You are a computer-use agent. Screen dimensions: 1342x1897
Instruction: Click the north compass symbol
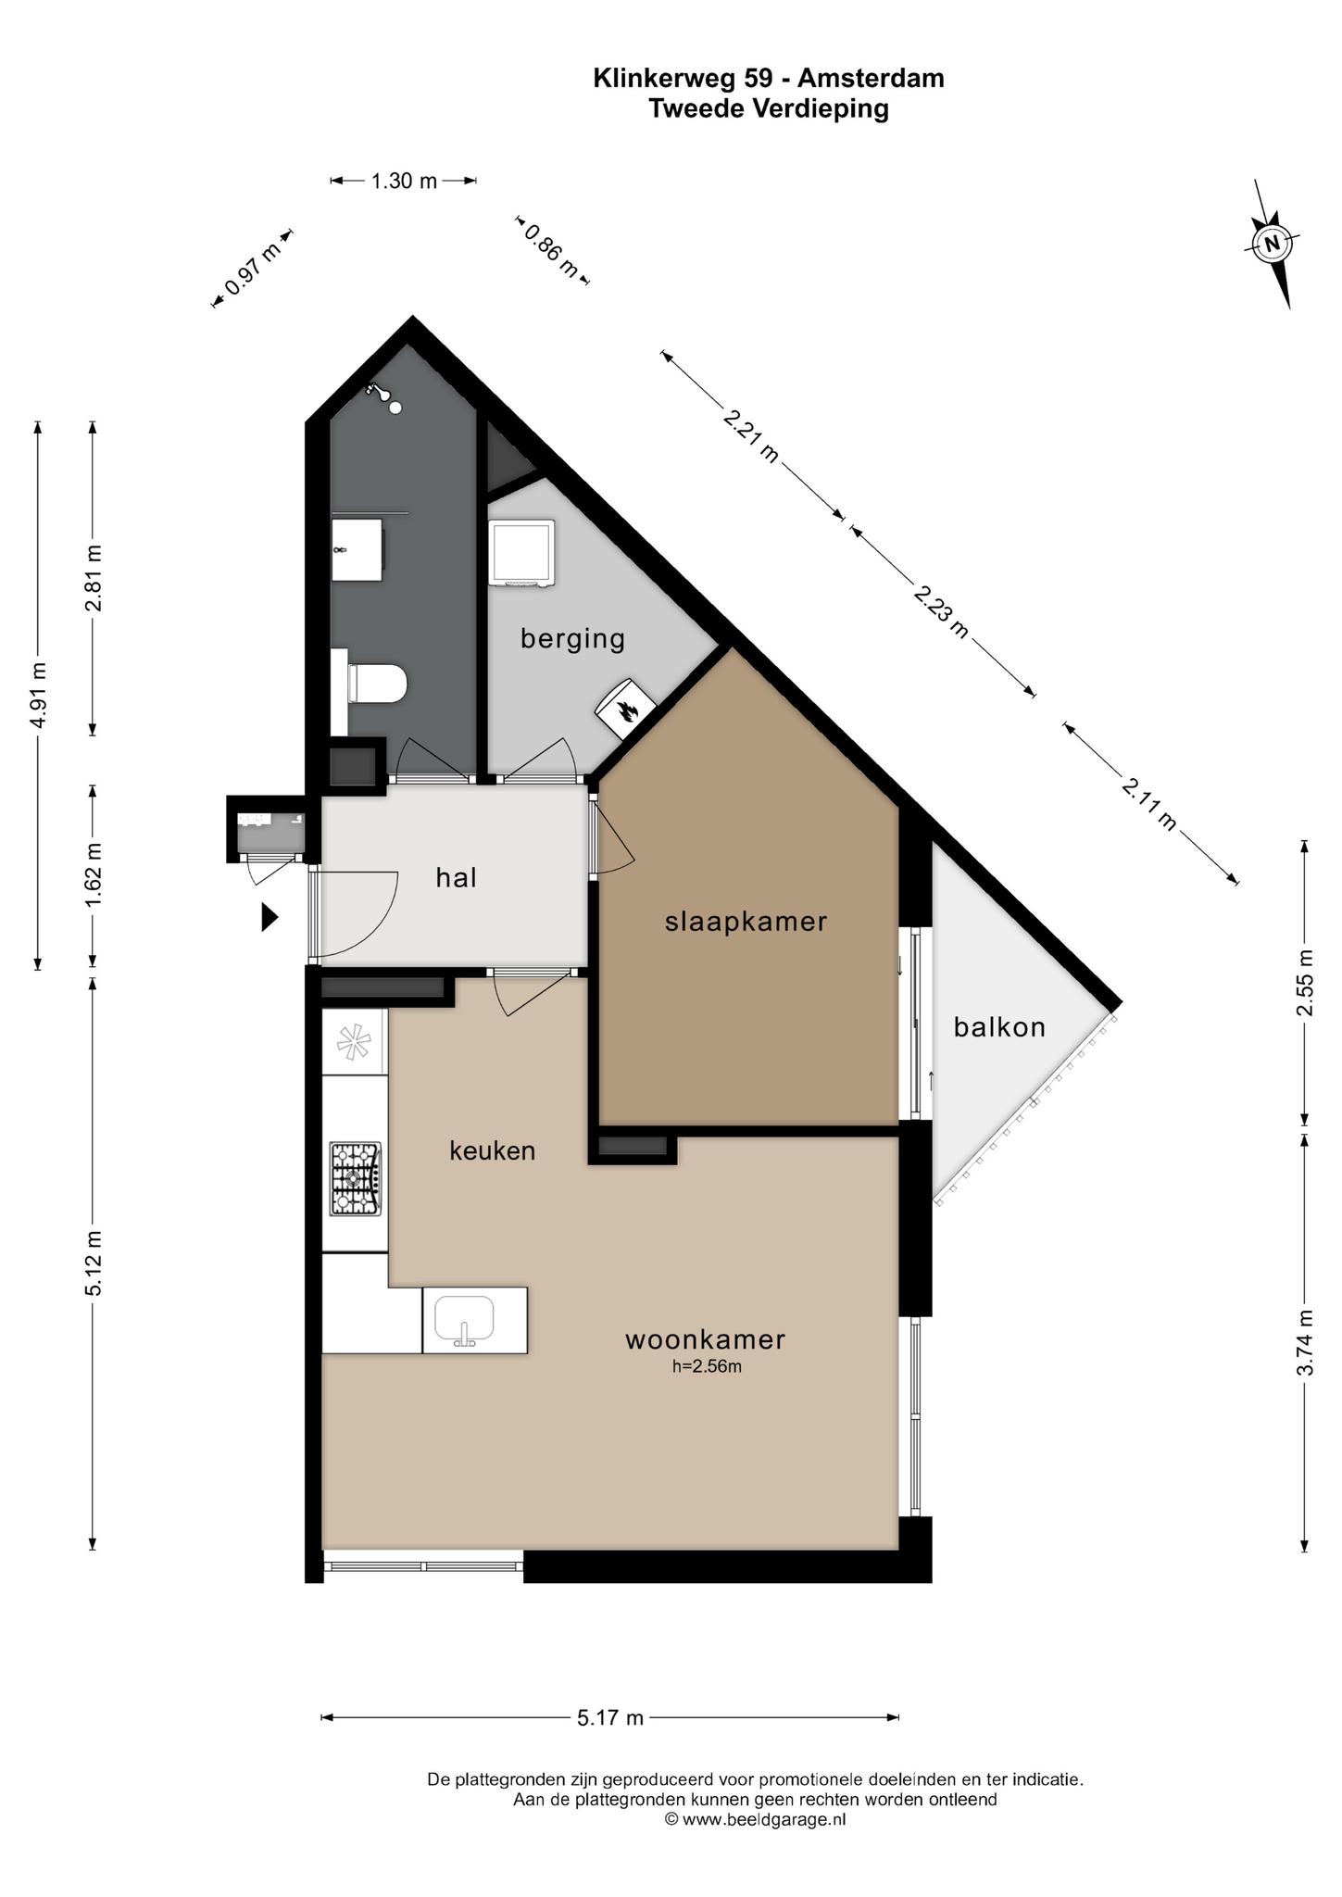pos(1273,244)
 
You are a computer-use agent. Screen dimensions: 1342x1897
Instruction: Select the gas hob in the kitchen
pos(356,1179)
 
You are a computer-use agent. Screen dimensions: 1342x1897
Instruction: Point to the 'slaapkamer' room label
pos(746,922)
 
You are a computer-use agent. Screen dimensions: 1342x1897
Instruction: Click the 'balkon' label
pos(999,1026)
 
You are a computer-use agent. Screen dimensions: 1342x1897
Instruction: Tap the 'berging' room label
pos(572,639)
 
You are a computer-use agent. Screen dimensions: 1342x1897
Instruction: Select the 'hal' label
pos(456,877)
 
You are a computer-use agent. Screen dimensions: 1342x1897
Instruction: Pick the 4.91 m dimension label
pos(39,696)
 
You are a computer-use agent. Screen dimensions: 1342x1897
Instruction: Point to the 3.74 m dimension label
pos(1305,1342)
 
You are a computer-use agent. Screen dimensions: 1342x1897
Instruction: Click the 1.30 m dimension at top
pos(404,181)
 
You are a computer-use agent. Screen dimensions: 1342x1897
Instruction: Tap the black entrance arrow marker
pos(270,917)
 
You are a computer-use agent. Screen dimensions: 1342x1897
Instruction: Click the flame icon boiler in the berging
pos(626,709)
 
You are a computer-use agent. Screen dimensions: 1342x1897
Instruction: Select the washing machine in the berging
pos(522,553)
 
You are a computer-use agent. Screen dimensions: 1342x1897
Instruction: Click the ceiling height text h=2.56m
pos(707,1365)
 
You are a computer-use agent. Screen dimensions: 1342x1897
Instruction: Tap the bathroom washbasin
pos(357,549)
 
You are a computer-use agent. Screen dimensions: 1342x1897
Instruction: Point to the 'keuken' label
pos(493,1150)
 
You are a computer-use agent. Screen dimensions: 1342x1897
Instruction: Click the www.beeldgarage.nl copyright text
pos(755,1819)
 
